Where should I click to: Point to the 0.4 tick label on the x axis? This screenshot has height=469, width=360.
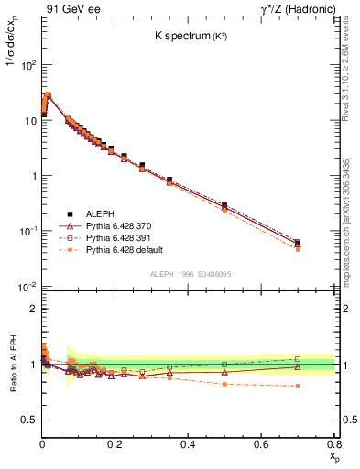188,443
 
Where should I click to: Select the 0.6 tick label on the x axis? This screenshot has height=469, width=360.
261,443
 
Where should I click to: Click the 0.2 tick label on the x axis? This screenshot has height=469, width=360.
115,443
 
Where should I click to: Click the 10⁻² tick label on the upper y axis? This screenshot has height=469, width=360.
27,287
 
